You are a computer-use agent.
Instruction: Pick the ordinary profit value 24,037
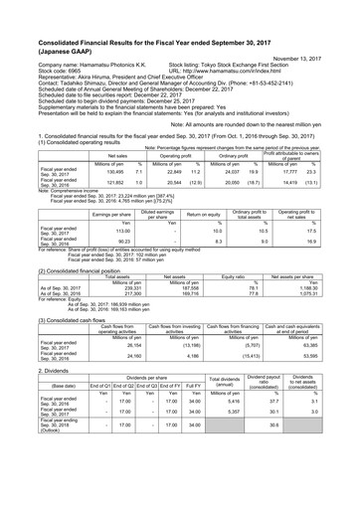[x=233, y=170]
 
